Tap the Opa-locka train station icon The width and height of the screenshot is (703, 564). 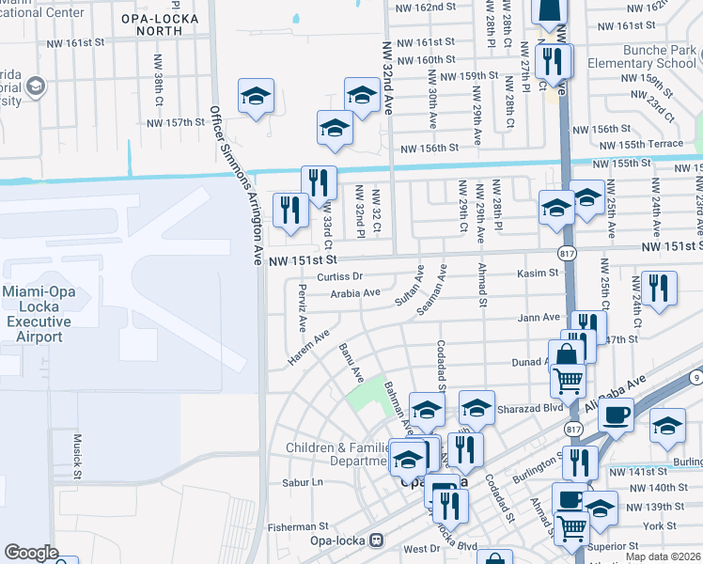coord(377,540)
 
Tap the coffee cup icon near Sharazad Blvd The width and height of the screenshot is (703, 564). coord(616,414)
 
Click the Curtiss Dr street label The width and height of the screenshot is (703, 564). coord(339,276)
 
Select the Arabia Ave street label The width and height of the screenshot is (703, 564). coord(355,292)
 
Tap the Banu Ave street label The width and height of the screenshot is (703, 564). coord(351,361)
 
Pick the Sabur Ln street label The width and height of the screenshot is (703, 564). coord(302,482)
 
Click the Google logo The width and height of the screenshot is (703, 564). coord(31,553)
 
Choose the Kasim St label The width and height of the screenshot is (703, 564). coord(538,274)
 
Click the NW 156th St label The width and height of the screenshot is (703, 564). coord(430,148)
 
